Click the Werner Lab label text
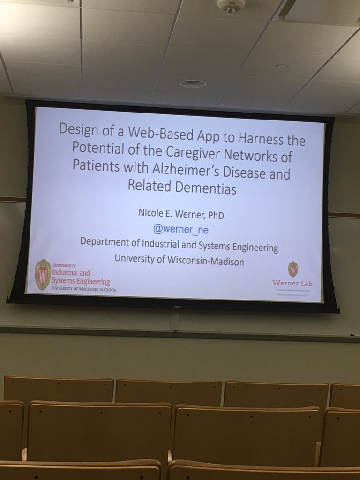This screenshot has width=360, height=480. pos(293,283)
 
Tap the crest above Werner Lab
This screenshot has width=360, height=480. pos(293,269)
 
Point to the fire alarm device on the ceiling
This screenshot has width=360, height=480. pos(231,6)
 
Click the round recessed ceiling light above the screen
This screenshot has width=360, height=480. pos(193,84)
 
